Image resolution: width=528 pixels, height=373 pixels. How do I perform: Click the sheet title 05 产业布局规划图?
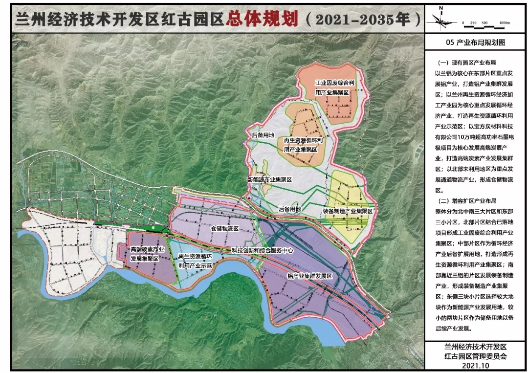475,43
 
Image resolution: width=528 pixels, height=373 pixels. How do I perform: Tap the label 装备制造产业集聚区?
348,211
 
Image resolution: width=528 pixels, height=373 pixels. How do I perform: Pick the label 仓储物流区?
224,228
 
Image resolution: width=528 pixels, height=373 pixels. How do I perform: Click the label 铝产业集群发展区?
309,276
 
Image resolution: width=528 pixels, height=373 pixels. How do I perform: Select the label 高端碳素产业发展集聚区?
148,254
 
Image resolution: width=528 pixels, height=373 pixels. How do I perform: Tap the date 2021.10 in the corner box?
475,365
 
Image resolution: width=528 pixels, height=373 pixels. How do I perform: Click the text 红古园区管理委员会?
475,356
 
